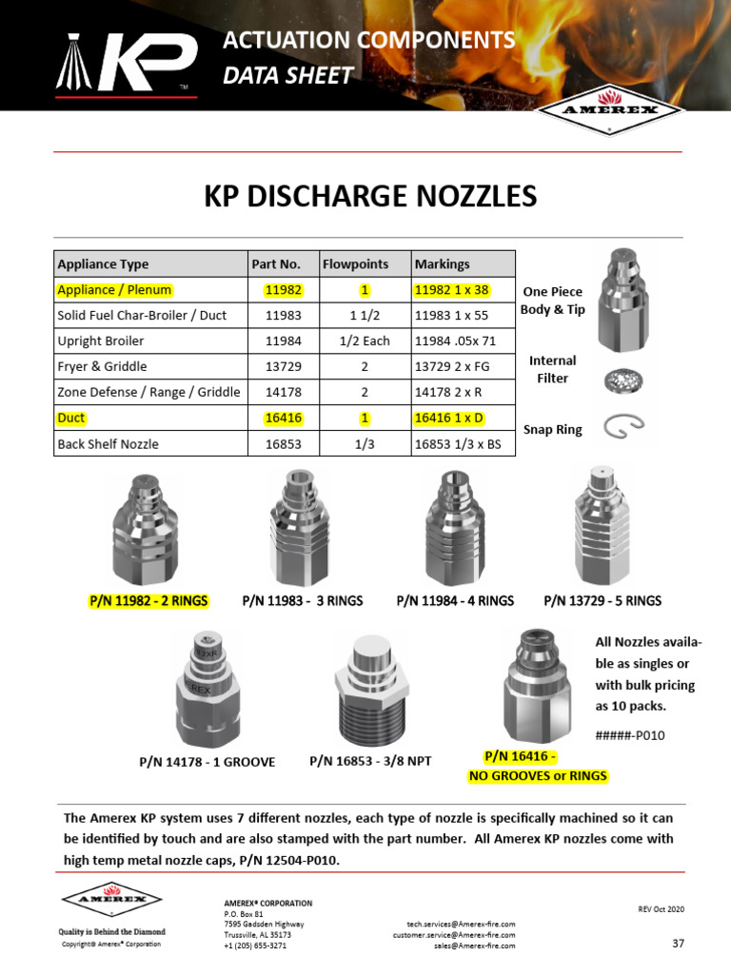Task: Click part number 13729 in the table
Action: [x=283, y=366]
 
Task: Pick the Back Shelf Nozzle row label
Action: [x=108, y=444]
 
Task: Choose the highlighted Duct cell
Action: [x=71, y=418]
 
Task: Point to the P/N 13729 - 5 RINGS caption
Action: [x=602, y=600]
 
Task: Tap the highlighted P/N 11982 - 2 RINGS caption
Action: [x=148, y=600]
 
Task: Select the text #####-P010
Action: [x=630, y=735]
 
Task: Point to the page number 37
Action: [x=678, y=944]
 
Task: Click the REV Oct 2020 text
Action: [x=661, y=909]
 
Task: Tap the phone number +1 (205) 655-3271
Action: [x=255, y=945]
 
